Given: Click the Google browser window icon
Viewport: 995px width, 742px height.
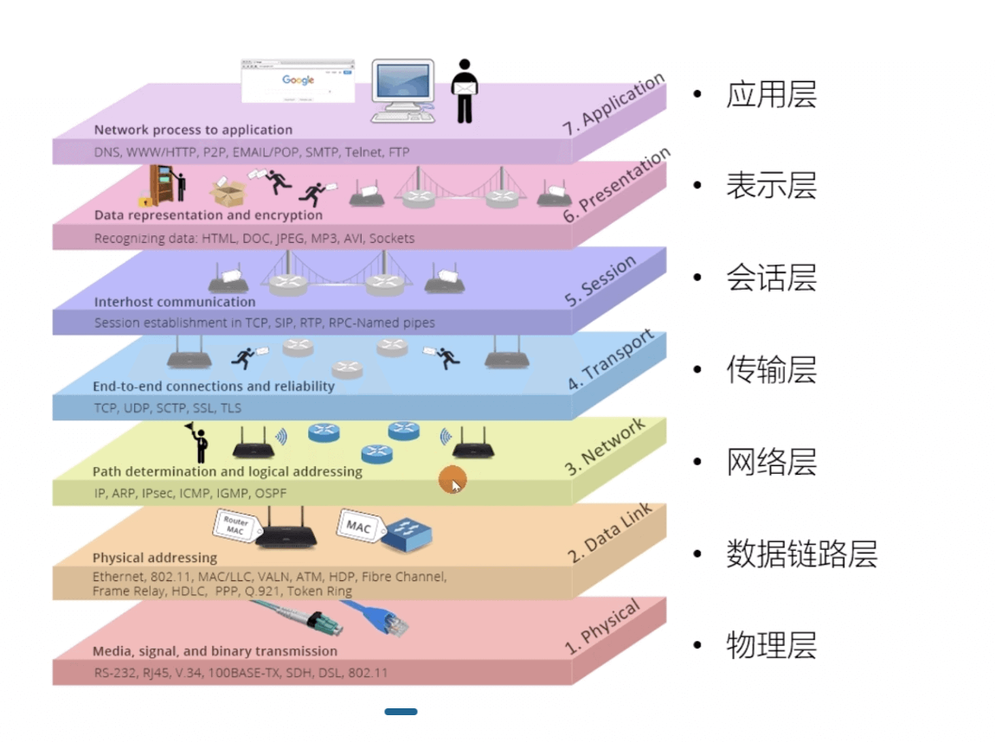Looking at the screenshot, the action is click(298, 80).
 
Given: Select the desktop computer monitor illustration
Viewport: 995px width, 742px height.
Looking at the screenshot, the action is click(403, 90).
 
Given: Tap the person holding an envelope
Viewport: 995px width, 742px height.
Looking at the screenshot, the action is click(465, 91).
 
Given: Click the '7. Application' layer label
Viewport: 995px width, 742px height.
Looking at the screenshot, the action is click(613, 104).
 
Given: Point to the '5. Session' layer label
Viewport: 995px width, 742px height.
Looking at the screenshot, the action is click(600, 280).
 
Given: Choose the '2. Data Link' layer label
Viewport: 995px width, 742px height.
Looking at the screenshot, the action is click(610, 533).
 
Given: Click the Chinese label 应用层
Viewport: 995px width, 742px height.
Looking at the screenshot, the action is click(771, 94).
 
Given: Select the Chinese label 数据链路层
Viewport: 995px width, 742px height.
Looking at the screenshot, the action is click(801, 553).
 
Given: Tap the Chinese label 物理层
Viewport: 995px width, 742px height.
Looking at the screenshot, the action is click(771, 645).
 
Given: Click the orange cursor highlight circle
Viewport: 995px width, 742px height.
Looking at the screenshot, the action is click(453, 480).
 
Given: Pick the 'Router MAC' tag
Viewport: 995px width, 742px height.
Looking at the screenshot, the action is click(235, 525).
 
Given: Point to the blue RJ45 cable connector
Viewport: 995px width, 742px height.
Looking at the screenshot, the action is click(380, 617).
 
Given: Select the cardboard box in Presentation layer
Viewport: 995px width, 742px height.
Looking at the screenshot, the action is click(228, 192).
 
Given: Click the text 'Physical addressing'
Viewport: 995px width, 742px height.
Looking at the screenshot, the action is click(155, 558).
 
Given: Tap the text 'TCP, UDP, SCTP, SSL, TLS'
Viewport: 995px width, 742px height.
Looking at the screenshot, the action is click(168, 408).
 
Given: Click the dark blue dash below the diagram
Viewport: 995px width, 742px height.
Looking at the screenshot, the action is click(401, 712).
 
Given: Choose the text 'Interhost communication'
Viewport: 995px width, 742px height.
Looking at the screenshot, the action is click(175, 302).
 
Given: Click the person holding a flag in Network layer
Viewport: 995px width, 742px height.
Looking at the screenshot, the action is click(198, 443).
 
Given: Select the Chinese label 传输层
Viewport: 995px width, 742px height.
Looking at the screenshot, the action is click(771, 369).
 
